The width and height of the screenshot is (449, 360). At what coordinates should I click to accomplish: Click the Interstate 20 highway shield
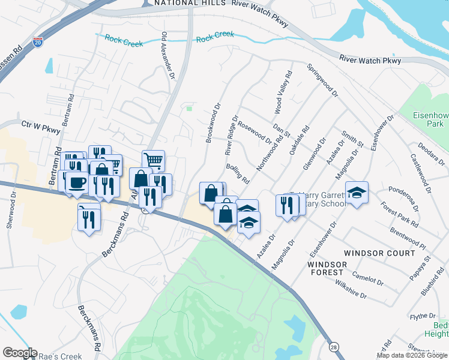click(x=38, y=43)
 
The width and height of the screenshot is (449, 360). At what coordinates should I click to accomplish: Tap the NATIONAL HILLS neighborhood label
click(x=189, y=3)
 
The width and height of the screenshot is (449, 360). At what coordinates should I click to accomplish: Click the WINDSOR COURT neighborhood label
click(x=378, y=253)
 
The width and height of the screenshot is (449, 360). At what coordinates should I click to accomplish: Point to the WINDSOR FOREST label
click(x=327, y=268)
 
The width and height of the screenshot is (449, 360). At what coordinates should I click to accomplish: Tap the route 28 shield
click(x=333, y=346)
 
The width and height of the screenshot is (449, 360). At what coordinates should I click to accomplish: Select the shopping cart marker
click(x=154, y=161)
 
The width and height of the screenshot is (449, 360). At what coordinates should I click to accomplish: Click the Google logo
click(x=20, y=353)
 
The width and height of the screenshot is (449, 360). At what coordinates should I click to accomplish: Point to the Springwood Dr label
click(x=322, y=80)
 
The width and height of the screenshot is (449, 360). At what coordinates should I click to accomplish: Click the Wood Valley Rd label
click(x=282, y=92)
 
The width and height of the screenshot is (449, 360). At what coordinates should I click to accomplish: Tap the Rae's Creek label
click(x=60, y=356)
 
